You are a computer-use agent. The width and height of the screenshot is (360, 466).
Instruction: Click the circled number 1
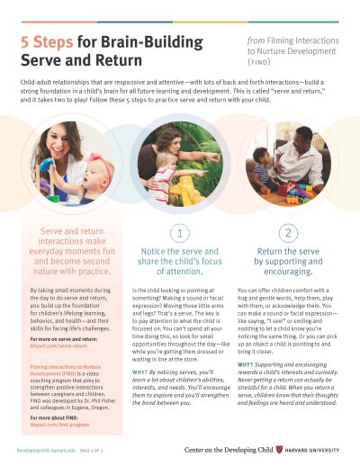[x=179, y=234]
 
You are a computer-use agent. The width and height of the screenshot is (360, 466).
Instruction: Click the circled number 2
[x=288, y=234]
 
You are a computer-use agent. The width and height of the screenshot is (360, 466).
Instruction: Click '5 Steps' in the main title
[x=44, y=42]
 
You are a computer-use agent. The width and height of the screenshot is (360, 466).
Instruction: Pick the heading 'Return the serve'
[x=287, y=254]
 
